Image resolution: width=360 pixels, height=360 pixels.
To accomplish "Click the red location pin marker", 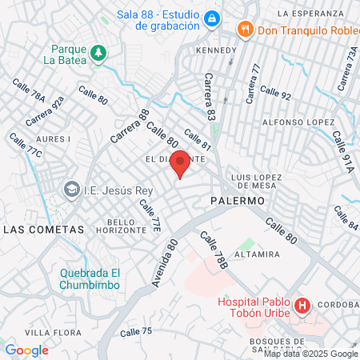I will (x=180, y=162).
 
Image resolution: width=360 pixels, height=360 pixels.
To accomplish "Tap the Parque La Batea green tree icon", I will (x=98, y=53).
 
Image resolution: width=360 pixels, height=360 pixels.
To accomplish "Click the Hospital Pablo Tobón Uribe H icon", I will (x=302, y=306).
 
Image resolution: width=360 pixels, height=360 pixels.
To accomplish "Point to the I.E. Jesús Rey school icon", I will (x=72, y=190).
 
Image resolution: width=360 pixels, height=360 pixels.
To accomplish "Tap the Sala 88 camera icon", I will (x=211, y=18).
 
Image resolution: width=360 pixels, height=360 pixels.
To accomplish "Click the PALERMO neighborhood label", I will (x=238, y=201).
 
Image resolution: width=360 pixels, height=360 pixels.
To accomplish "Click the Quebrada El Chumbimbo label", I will (x=90, y=278).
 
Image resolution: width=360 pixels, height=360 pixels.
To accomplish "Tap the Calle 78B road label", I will (x=215, y=250).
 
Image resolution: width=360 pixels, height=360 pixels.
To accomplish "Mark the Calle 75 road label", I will (x=136, y=331).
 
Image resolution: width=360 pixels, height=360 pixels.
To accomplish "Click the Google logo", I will (x=26, y=350).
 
